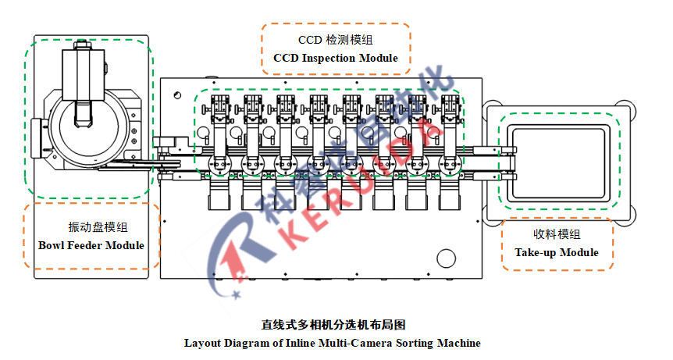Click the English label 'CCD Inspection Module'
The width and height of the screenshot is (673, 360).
coord(335,58)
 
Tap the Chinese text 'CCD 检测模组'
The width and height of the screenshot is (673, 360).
coord(335,40)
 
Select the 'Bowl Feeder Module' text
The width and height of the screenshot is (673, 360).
coord(91,245)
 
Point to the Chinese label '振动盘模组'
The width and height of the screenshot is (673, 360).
coord(98,227)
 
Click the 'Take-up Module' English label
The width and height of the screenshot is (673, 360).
coord(557,252)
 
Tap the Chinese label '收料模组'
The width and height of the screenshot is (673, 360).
coord(557,233)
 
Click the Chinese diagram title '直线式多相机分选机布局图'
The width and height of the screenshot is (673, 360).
coord(333,325)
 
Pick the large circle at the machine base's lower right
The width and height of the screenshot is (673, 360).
coord(446,258)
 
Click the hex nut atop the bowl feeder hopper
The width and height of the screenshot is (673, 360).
coord(81,45)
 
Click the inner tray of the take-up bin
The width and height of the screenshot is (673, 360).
coord(558,163)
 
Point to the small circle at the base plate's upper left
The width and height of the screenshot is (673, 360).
coord(178,95)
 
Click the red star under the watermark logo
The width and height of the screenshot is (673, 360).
coord(236,294)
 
